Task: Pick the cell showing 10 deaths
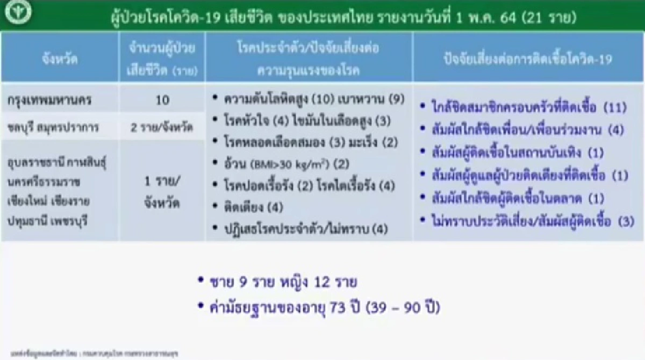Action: click(162, 100)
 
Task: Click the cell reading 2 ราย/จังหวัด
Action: click(162, 127)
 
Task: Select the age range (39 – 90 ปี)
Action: click(403, 308)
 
